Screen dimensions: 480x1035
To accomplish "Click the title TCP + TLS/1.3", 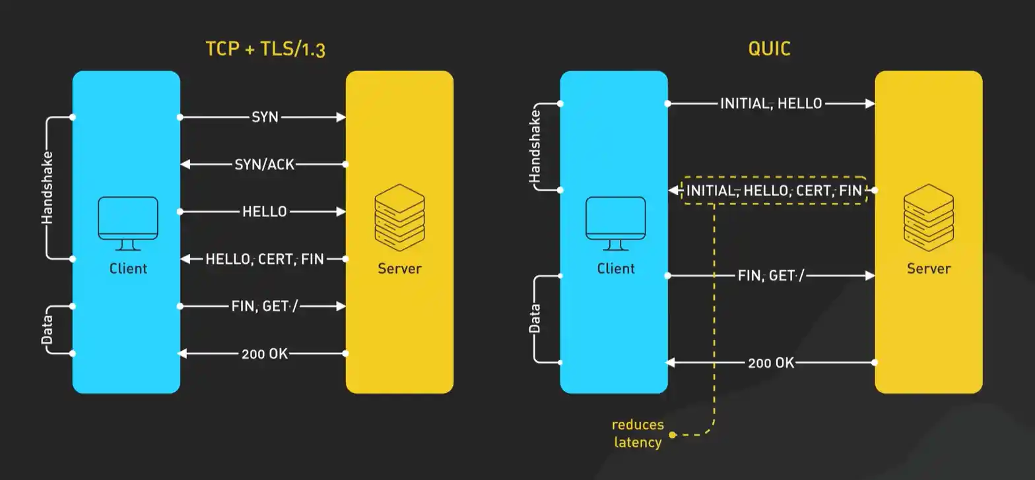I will click(265, 49).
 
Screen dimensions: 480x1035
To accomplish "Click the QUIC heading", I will click(769, 49).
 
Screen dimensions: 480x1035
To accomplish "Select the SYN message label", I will click(265, 117).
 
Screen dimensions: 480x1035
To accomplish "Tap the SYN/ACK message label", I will click(264, 164).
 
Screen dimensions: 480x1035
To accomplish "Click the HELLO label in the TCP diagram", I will click(264, 212).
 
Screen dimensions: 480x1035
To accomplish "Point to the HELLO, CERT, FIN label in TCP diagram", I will click(265, 259).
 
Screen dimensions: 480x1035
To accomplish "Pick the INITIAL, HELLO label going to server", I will click(771, 104).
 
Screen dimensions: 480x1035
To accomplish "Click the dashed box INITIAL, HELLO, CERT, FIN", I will click(774, 191).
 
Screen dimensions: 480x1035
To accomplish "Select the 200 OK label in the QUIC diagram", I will click(771, 362).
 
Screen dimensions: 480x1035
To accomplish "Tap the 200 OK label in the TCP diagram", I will click(264, 353).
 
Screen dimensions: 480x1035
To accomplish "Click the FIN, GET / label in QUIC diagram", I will click(770, 276).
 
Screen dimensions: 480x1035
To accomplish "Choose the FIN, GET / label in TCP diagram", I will click(265, 306).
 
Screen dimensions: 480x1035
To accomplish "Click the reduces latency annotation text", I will click(638, 433).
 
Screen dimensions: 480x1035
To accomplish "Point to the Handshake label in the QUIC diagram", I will click(535, 146).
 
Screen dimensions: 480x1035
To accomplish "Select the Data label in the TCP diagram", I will click(47, 330).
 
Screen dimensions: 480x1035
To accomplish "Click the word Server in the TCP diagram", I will click(399, 268).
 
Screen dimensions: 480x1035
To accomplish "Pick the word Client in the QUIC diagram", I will click(615, 268).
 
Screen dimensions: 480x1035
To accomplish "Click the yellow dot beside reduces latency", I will click(672, 435).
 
